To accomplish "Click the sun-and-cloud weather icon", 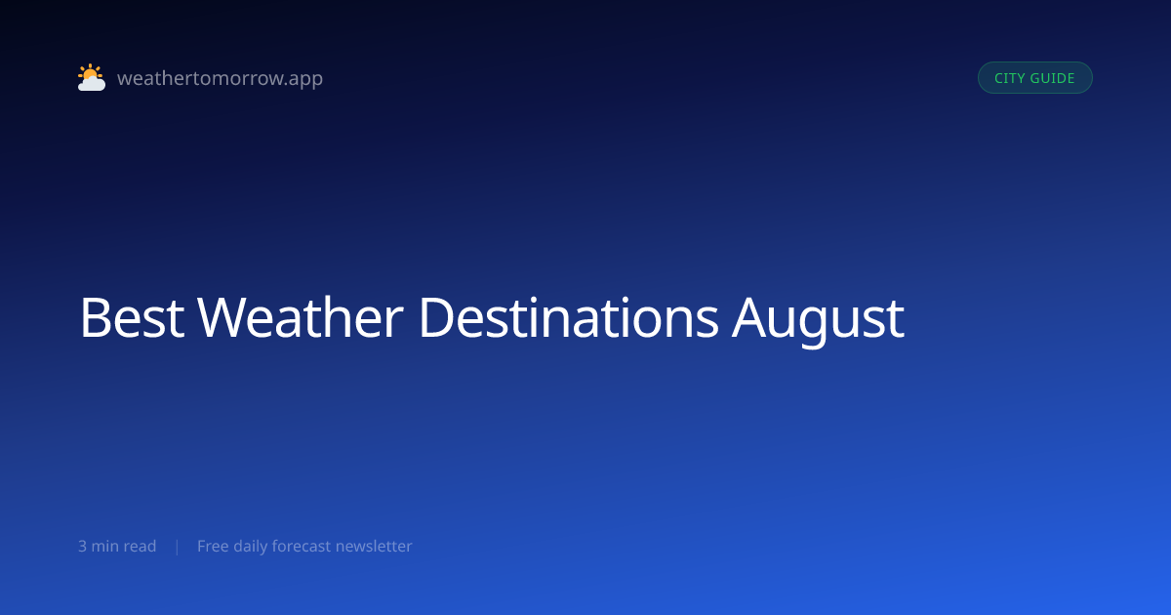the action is tap(92, 77).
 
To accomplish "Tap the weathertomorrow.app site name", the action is tap(221, 78).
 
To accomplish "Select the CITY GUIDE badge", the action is tap(1035, 78).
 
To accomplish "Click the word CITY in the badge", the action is tap(1009, 78).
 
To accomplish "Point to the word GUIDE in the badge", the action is tap(1052, 78).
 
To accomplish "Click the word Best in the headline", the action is tap(132, 317).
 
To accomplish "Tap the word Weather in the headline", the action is tap(301, 317).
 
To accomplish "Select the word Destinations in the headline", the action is tap(569, 317).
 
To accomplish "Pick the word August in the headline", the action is tap(818, 321).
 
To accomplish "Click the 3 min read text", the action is tap(117, 546).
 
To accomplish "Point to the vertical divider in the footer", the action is tap(178, 547).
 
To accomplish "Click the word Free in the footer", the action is tap(213, 546).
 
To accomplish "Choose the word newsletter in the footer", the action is tap(374, 546).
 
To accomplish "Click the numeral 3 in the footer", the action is tap(82, 546).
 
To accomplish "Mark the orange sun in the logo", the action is tap(90, 73).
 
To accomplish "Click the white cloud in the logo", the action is tap(92, 84).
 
